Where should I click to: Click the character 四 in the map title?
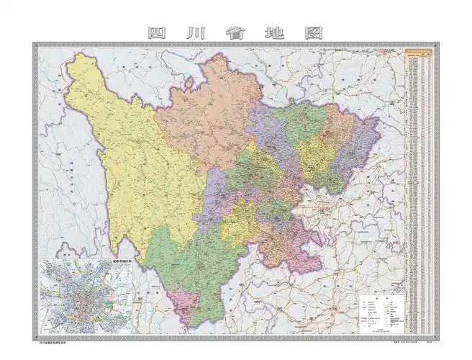[157, 33]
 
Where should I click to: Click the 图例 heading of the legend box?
[385, 297]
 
